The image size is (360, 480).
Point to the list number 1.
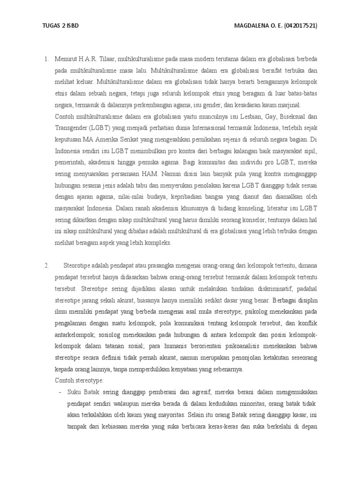click(x=46, y=60)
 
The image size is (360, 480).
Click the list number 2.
click(x=47, y=266)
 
